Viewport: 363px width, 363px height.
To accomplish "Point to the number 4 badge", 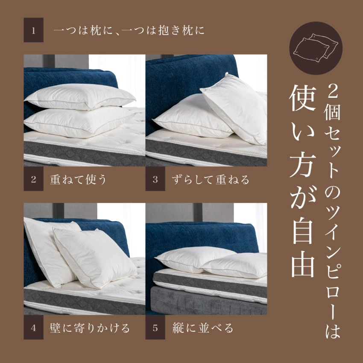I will (x=33, y=328).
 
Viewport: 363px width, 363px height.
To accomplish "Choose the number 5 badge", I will (x=155, y=328).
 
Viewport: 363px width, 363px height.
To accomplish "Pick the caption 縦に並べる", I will (x=203, y=328).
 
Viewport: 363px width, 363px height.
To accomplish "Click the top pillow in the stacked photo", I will (x=79, y=97).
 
